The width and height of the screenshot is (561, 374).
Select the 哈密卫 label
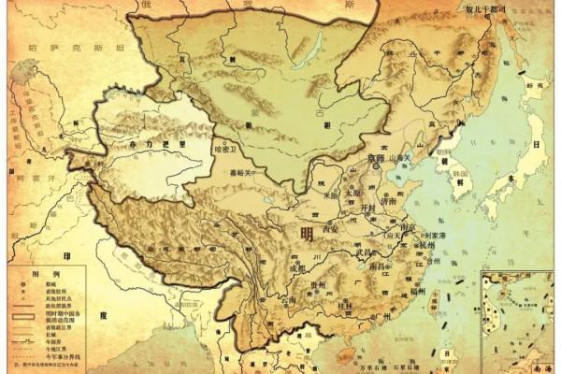[228, 149]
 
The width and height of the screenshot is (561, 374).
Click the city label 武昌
[366, 252]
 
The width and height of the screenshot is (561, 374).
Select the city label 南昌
[383, 267]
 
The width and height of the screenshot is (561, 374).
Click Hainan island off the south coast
[348, 352]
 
